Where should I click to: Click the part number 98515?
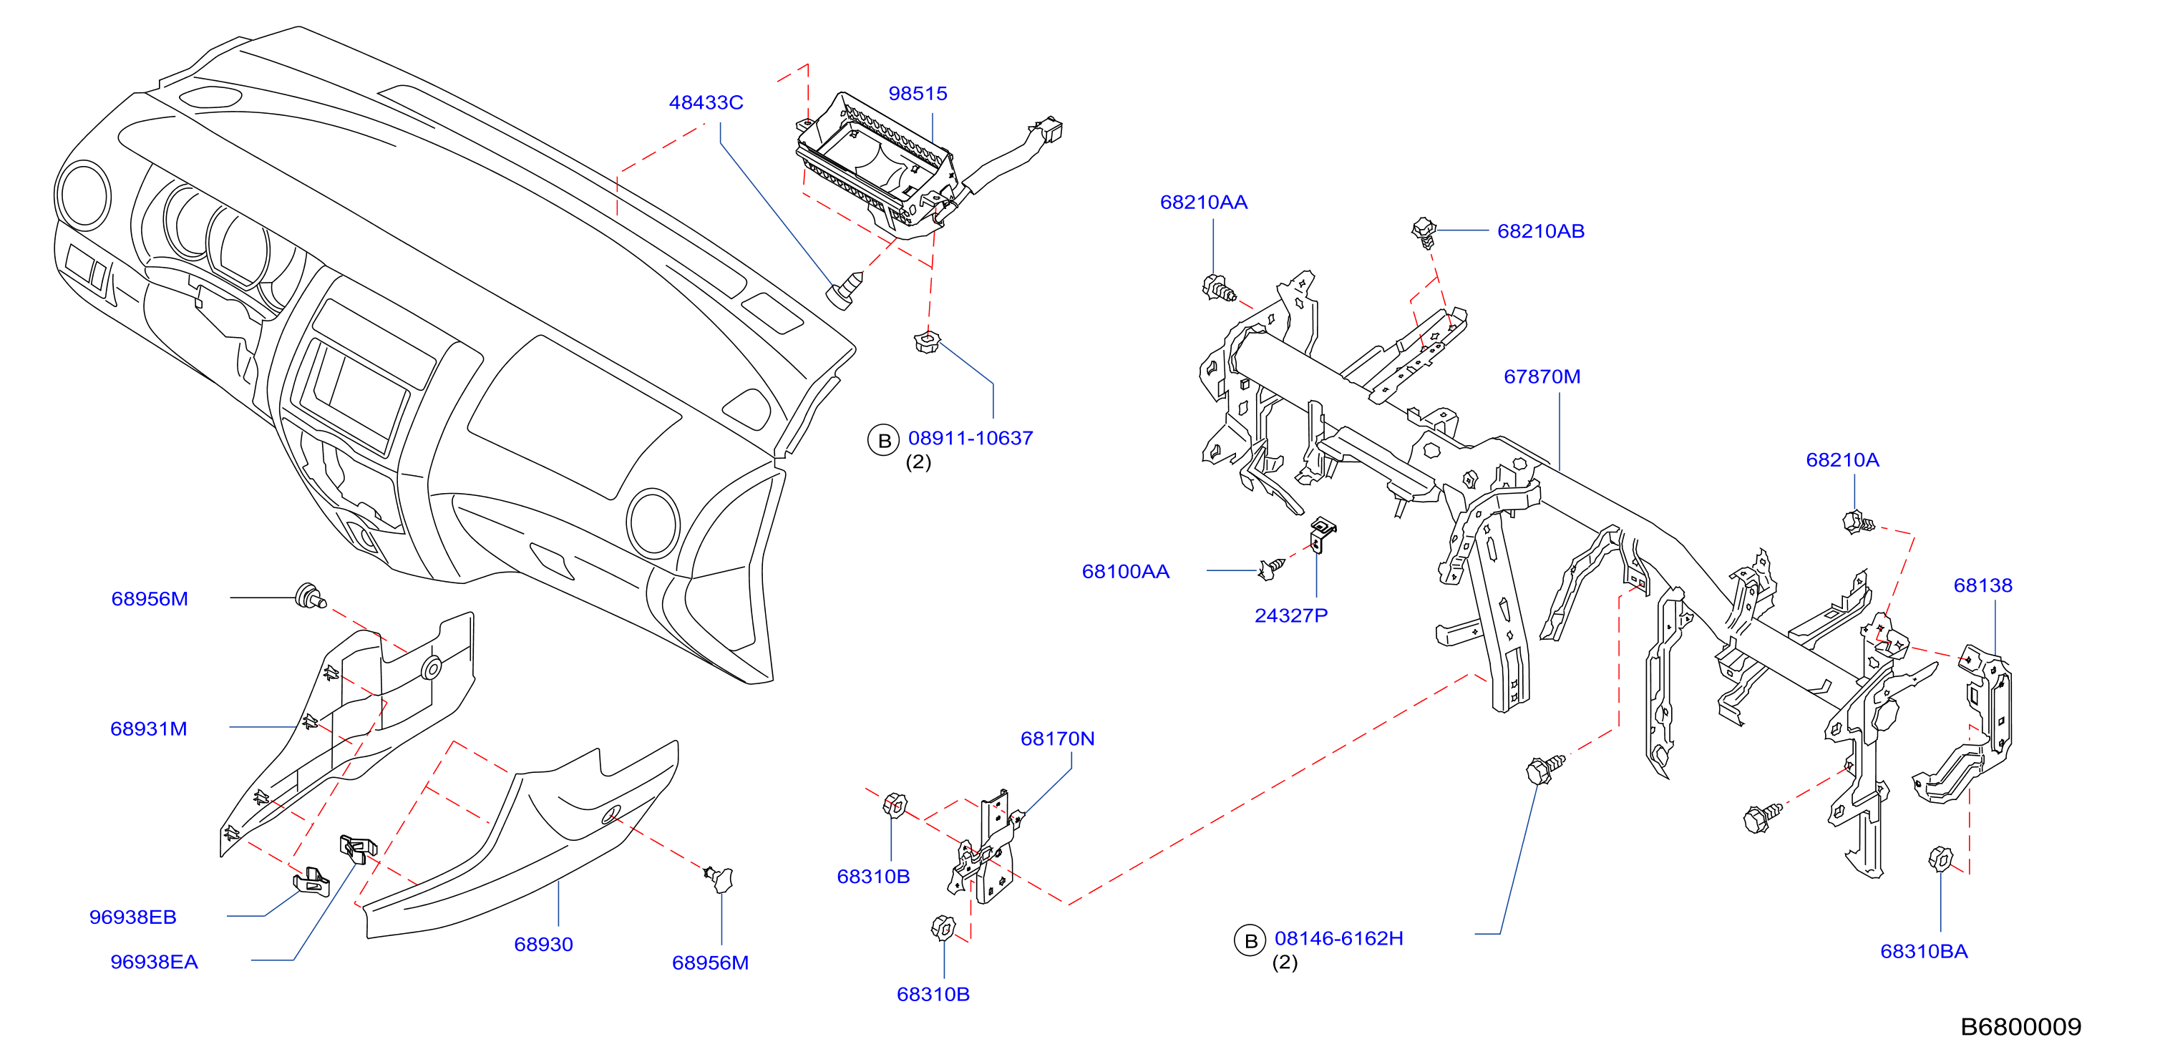[918, 93]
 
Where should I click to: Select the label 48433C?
[706, 102]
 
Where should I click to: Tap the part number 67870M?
[1542, 376]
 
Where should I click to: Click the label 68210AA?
[1204, 203]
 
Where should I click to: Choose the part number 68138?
[1982, 585]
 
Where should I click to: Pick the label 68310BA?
[1924, 951]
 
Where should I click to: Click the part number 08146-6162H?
[1339, 938]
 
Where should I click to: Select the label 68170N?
[1057, 739]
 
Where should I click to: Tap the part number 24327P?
[1291, 616]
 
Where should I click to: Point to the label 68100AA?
[1125, 571]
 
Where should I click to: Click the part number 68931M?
[149, 729]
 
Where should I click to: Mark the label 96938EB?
[133, 917]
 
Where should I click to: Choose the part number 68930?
[544, 945]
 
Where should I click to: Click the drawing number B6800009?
[2020, 1027]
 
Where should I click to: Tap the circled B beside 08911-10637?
[884, 440]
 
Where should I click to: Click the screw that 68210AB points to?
[1424, 233]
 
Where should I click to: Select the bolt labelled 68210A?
[1857, 522]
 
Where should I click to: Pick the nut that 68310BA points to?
[1940, 859]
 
